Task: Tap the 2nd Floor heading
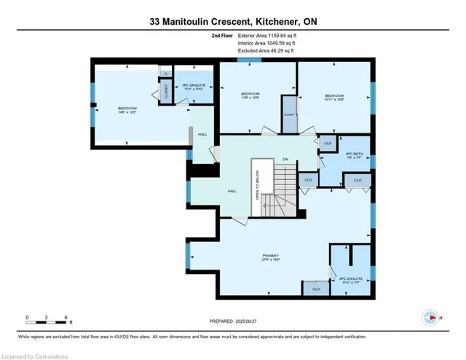click(223, 35)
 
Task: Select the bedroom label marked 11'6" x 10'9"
click(251, 96)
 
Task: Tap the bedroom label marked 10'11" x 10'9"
click(334, 96)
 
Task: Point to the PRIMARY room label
click(272, 256)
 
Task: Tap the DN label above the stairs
click(285, 159)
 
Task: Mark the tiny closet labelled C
click(165, 74)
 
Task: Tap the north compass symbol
click(430, 318)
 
